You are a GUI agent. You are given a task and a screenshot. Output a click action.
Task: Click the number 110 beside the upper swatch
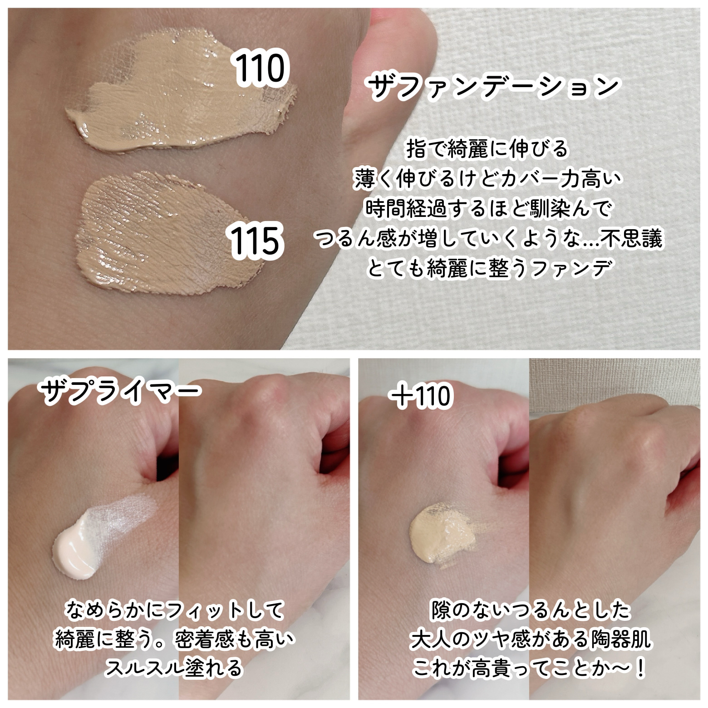(x=260, y=68)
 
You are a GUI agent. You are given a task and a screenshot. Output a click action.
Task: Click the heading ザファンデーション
(x=493, y=86)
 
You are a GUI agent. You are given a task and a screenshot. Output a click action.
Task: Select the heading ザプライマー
(x=120, y=391)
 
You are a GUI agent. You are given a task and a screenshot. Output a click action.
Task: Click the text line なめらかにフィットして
(x=175, y=610)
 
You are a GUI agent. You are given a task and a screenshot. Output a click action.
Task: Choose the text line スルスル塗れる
(x=175, y=668)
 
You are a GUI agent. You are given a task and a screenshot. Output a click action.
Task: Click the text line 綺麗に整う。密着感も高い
(x=175, y=639)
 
